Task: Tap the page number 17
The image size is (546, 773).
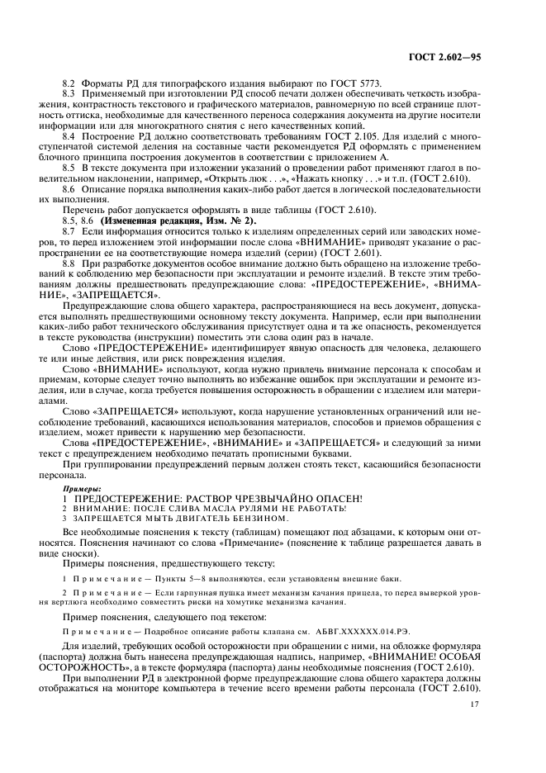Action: click(x=474, y=704)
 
